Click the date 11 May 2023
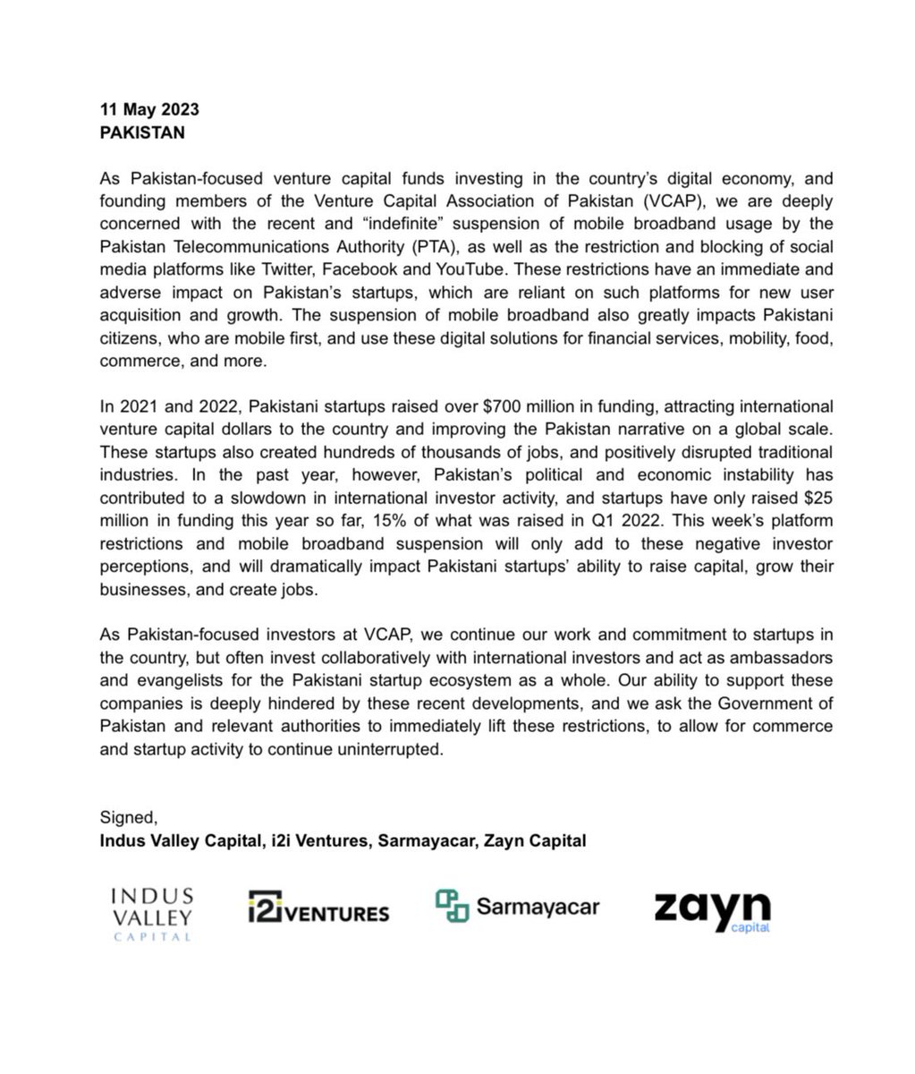pos(149,110)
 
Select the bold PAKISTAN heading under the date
pos(143,132)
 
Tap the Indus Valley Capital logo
pos(149,913)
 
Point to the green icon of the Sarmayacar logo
pos(452,907)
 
